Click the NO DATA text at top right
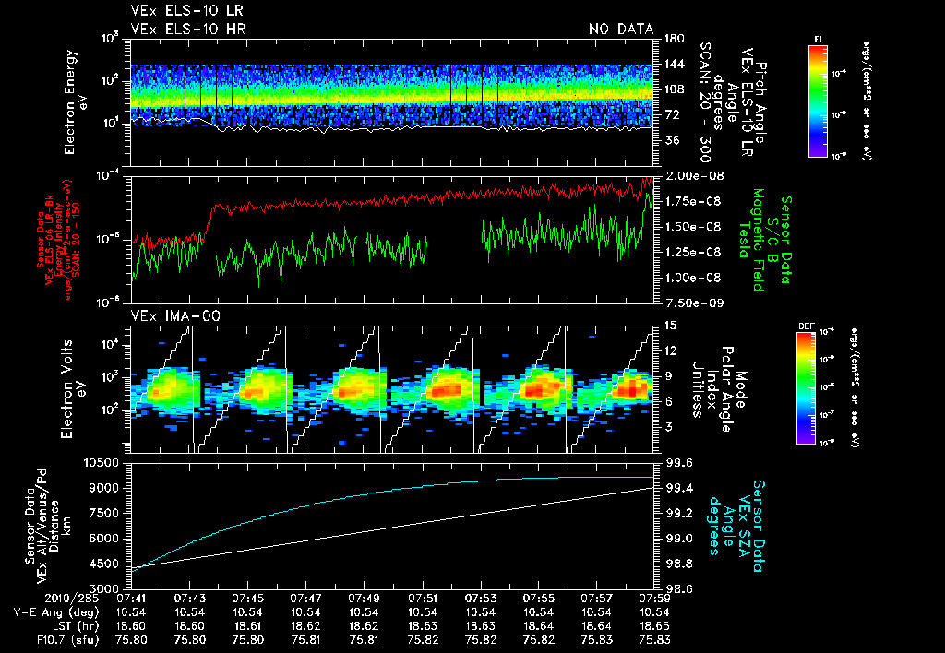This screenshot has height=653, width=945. (x=621, y=30)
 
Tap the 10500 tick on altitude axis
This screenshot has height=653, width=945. (x=105, y=462)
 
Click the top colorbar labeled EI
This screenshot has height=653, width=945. (x=818, y=98)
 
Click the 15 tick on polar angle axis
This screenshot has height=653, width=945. (x=666, y=325)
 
